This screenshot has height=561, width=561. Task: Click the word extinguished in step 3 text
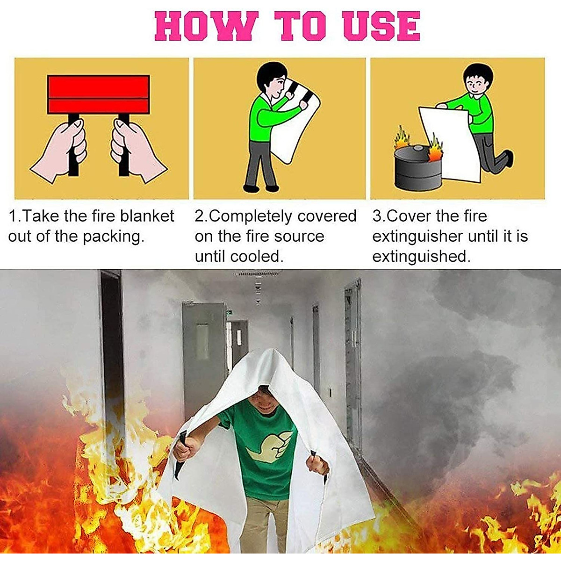click(420, 257)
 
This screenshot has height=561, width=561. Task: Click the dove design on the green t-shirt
click(270, 444)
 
